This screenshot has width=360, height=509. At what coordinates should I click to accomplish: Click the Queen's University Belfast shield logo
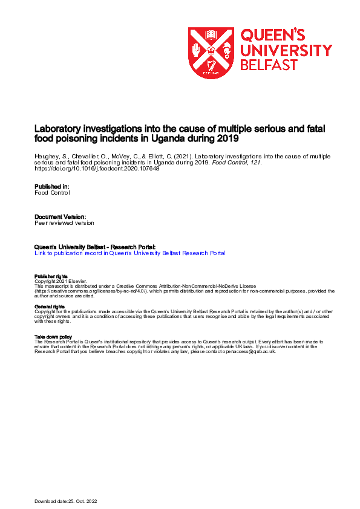pyautogui.click(x=211, y=53)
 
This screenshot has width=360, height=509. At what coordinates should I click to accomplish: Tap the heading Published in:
pyautogui.click(x=51, y=187)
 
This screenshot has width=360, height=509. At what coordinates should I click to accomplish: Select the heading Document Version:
pyautogui.click(x=60, y=216)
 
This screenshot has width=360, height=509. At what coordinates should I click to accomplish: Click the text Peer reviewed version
pyautogui.click(x=64, y=222)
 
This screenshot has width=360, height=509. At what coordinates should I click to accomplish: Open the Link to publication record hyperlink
pyautogui.click(x=129, y=253)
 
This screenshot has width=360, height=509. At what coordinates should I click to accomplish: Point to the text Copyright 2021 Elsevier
pyautogui.click(x=61, y=281)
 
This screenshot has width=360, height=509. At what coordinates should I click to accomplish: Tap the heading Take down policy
pyautogui.click(x=53, y=337)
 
